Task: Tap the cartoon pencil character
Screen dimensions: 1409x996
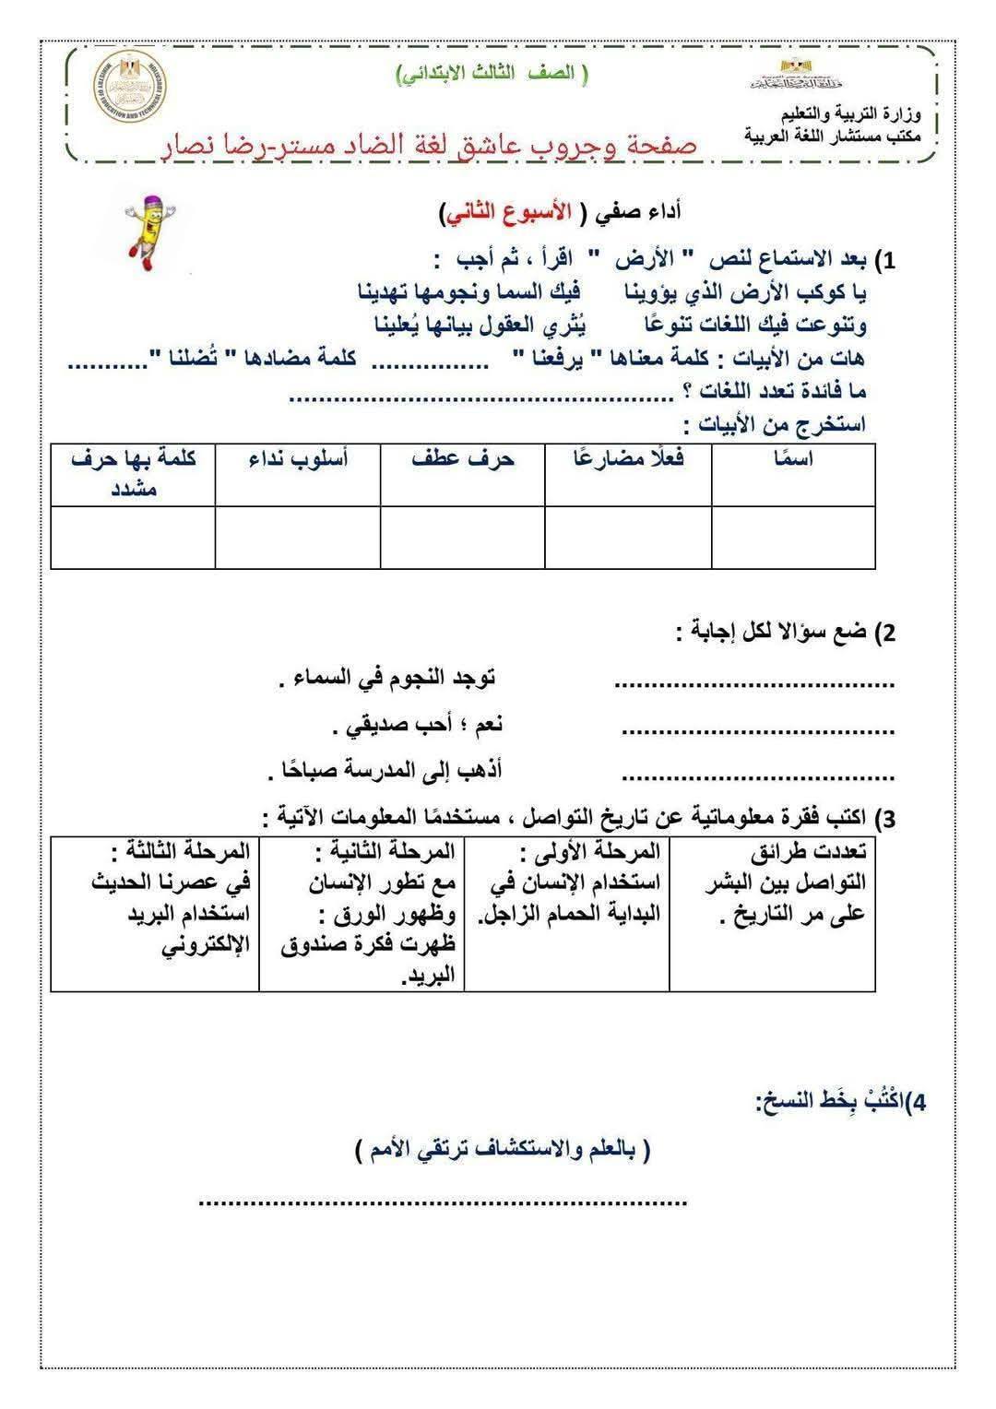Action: point(148,231)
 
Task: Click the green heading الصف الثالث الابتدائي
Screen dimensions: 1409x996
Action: point(492,75)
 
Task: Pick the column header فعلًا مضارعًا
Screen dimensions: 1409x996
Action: point(629,458)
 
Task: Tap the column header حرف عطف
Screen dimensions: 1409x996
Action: point(463,458)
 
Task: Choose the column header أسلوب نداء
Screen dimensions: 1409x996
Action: point(299,458)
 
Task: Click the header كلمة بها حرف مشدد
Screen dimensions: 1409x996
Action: point(134,472)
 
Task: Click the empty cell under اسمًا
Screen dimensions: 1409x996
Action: point(793,537)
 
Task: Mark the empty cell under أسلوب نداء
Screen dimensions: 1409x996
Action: point(298,537)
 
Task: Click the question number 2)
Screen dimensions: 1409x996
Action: point(884,633)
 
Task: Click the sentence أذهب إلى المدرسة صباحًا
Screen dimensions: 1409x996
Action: point(385,771)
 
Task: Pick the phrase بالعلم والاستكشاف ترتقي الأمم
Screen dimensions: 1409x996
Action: point(503,1150)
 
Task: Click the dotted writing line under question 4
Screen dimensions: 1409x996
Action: point(444,1202)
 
